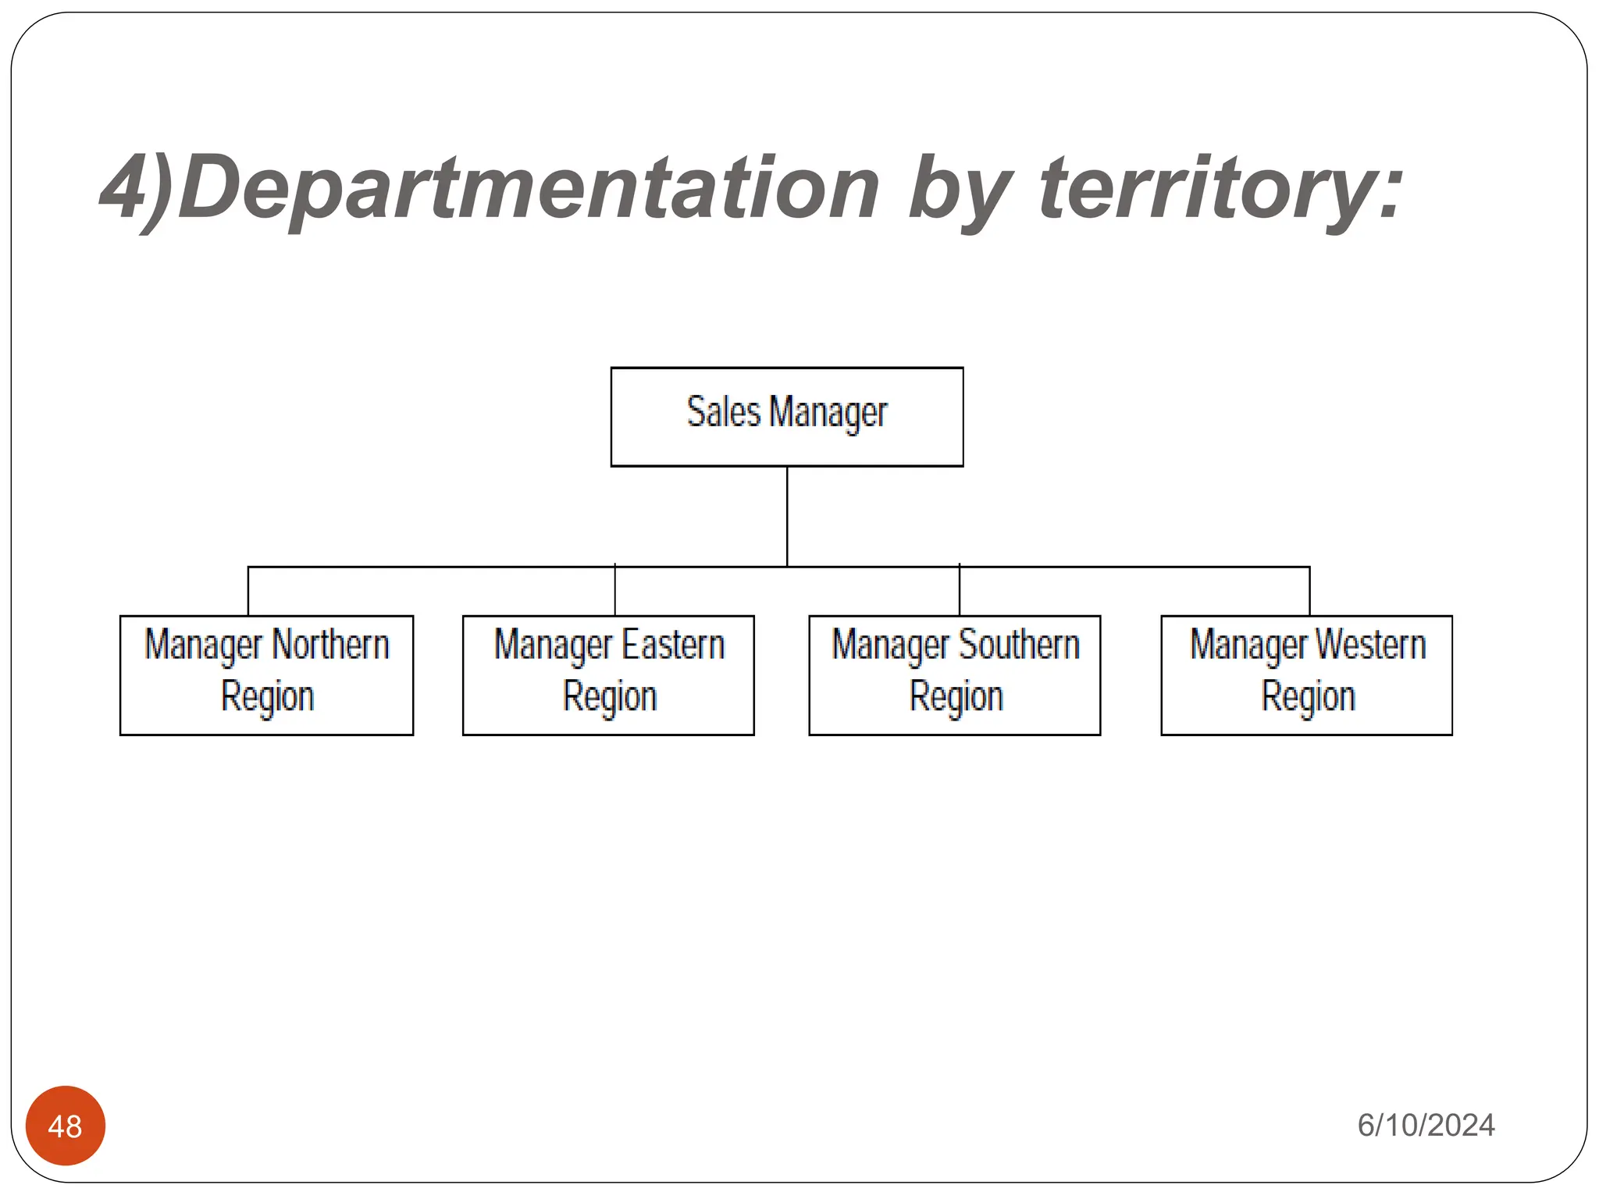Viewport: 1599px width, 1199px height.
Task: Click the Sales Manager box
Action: pos(786,417)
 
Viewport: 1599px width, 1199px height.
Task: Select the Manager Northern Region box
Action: pos(266,674)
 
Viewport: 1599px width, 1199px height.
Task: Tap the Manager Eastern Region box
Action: pos(608,674)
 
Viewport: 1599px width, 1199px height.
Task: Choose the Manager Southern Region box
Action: pos(954,674)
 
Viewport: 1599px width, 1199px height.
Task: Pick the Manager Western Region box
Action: pos(1306,674)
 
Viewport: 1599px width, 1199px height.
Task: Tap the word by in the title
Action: pos(960,189)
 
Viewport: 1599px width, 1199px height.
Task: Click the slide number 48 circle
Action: pos(66,1125)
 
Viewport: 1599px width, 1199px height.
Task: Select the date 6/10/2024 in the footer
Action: pos(1426,1125)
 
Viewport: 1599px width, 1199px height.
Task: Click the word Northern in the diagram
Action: pos(330,646)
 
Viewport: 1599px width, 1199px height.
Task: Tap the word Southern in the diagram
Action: pos(1019,646)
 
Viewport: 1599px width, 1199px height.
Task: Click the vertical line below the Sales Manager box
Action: pos(787,515)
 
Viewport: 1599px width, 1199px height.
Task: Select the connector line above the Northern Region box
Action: pos(248,591)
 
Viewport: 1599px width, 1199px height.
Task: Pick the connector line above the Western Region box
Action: pos(1309,591)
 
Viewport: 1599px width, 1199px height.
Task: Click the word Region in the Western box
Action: pos(1308,696)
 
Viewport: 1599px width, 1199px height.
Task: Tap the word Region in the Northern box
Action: pos(267,696)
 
